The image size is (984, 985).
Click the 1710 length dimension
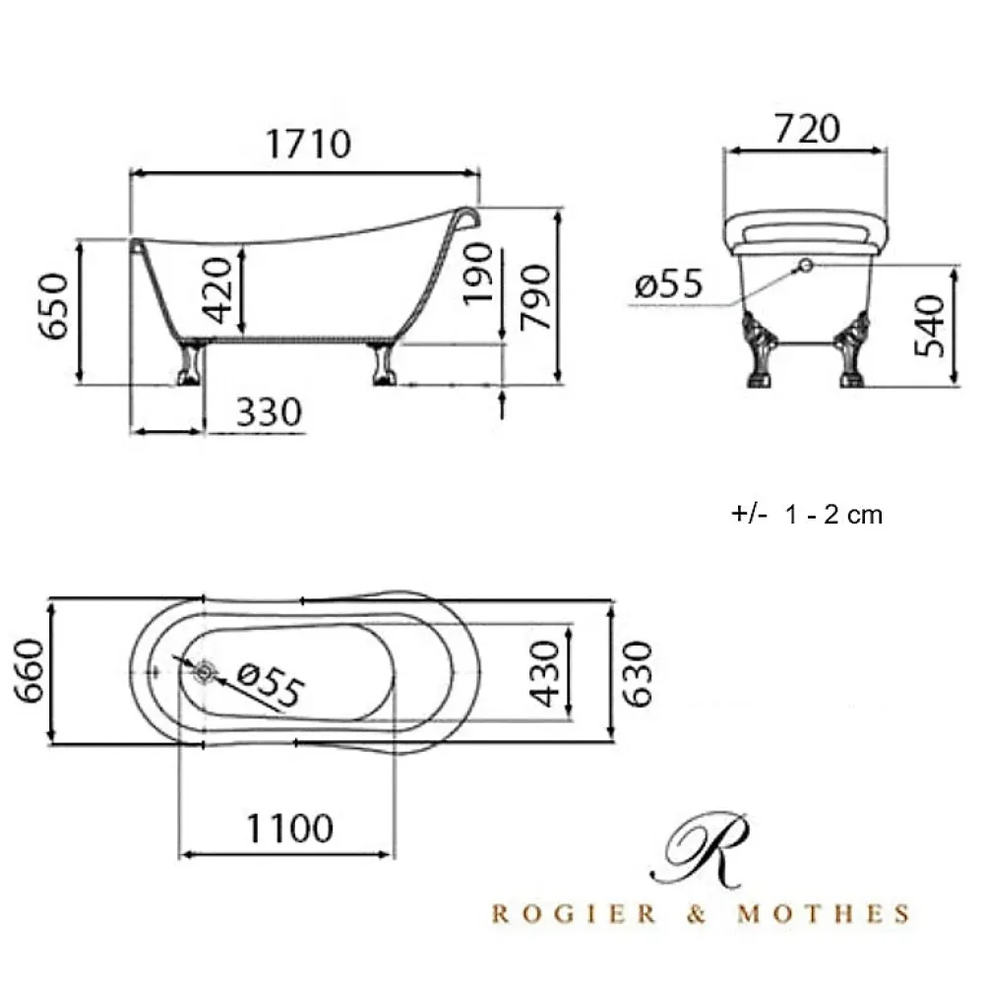pos(308,144)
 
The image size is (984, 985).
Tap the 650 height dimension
pos(53,307)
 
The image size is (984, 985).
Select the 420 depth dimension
pos(217,290)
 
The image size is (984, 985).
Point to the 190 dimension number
pos(477,274)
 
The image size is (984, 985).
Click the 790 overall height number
pos(535,297)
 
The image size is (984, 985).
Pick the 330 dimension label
pos(269,412)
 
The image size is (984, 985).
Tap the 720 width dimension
pos(807,129)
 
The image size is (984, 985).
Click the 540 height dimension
pos(929,326)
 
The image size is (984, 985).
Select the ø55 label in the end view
pos(668,283)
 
